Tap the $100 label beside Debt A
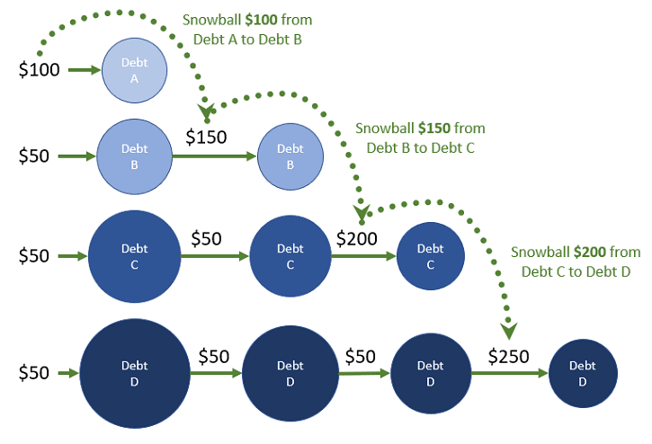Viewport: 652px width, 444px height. click(x=40, y=70)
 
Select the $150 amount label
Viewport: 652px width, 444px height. click(x=206, y=137)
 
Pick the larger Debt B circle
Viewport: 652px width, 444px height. click(x=134, y=155)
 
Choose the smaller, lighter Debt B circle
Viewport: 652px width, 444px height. click(x=290, y=155)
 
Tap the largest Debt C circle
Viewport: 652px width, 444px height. click(x=134, y=256)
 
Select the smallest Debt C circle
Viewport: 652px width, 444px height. click(x=430, y=256)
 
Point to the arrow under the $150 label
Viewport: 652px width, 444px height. click(x=214, y=156)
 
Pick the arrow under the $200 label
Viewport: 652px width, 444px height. click(x=363, y=256)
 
